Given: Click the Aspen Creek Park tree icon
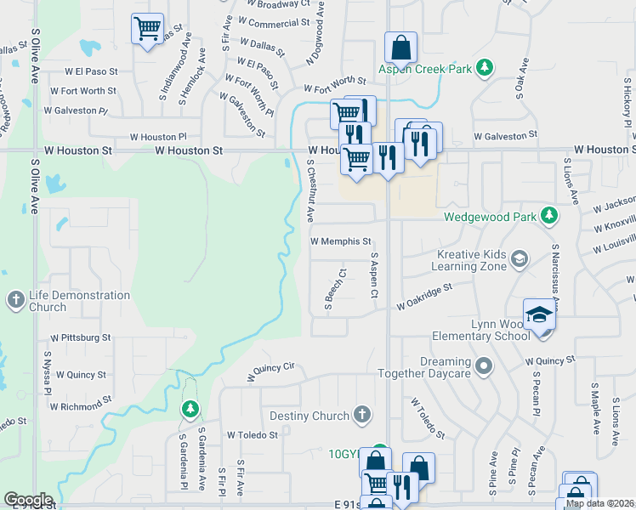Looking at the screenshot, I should (x=485, y=67).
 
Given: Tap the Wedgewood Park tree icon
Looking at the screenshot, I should (x=549, y=217).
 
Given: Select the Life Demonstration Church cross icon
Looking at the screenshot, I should (x=15, y=300).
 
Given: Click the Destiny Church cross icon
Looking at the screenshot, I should (x=362, y=416).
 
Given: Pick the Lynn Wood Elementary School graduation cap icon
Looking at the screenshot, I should (x=538, y=314).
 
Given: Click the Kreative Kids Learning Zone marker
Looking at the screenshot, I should (x=520, y=258).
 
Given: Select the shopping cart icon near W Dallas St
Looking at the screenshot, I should (x=147, y=30).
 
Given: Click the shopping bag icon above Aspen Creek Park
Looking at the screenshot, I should (x=400, y=47).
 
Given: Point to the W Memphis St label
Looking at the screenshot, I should (x=341, y=241).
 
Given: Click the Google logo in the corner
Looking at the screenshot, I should (x=27, y=500).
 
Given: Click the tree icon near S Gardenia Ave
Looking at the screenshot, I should (x=190, y=410).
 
